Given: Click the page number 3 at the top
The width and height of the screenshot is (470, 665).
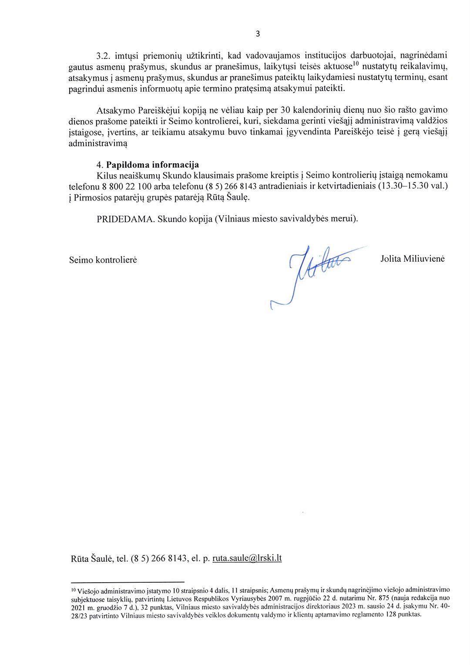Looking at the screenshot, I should (258, 34).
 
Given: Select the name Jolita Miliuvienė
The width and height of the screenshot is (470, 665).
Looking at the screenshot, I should (412, 259).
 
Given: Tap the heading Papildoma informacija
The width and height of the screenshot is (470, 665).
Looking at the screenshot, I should (152, 165).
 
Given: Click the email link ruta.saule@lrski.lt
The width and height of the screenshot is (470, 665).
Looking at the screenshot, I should (247, 558).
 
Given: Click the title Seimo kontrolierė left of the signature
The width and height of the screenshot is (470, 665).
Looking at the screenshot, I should (103, 260).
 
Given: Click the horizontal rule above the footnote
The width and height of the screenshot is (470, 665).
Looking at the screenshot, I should (127, 582).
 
